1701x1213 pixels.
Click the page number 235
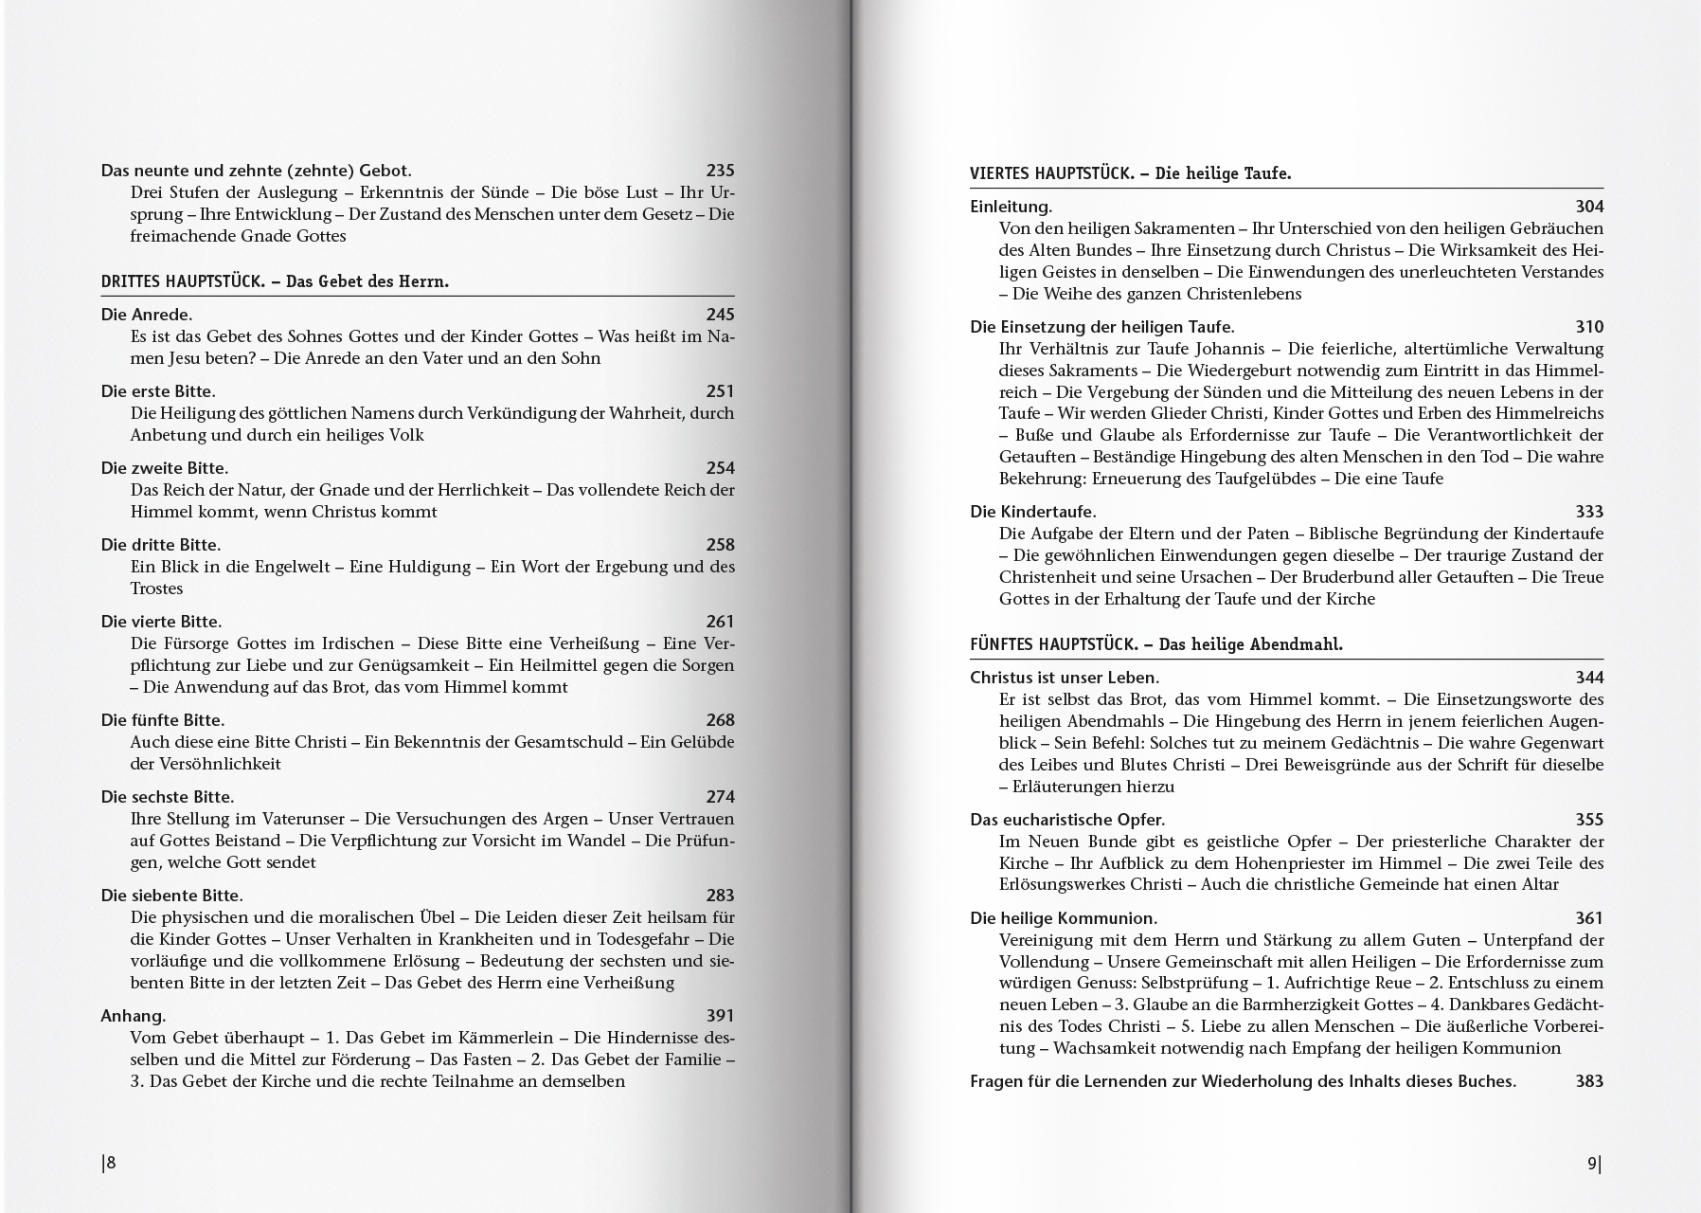pyautogui.click(x=720, y=171)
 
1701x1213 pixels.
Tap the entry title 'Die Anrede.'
pyautogui.click(x=147, y=315)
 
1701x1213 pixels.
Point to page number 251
pyautogui.click(x=720, y=391)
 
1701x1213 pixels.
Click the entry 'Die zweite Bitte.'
pyautogui.click(x=165, y=468)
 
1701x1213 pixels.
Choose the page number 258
pyautogui.click(x=720, y=545)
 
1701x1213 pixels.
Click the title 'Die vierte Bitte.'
pyautogui.click(x=161, y=622)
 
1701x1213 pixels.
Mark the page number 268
pyautogui.click(x=720, y=720)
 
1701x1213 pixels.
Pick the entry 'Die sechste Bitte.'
pyautogui.click(x=168, y=797)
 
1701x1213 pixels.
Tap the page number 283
pyautogui.click(x=720, y=896)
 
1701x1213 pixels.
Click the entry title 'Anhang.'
pyautogui.click(x=134, y=1016)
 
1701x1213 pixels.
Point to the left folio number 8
pyautogui.click(x=109, y=1164)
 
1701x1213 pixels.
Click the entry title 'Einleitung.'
pyautogui.click(x=1011, y=207)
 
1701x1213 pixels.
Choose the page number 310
pyautogui.click(x=1589, y=327)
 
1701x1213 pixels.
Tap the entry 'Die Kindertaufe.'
pyautogui.click(x=1032, y=512)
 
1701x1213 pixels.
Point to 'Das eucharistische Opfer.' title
pyautogui.click(x=1067, y=820)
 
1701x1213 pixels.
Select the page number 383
pyautogui.click(x=1589, y=1081)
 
